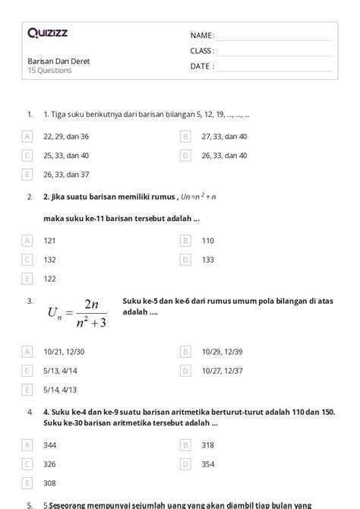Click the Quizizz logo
(x=46, y=33)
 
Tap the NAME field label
(x=202, y=36)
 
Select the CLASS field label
(x=202, y=51)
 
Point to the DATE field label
(x=202, y=66)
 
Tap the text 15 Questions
(x=50, y=71)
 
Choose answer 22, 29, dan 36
(x=66, y=137)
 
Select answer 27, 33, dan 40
(x=224, y=137)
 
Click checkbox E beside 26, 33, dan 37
(x=27, y=174)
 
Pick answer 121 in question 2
(x=50, y=241)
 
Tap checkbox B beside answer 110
(x=185, y=241)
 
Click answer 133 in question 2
(x=208, y=259)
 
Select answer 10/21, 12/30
(x=65, y=352)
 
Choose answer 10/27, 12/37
(x=223, y=371)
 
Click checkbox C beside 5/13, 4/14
(x=27, y=371)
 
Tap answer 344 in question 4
(x=50, y=444)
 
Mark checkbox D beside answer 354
(x=185, y=463)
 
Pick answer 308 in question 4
(x=50, y=482)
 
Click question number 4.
(x=29, y=412)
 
